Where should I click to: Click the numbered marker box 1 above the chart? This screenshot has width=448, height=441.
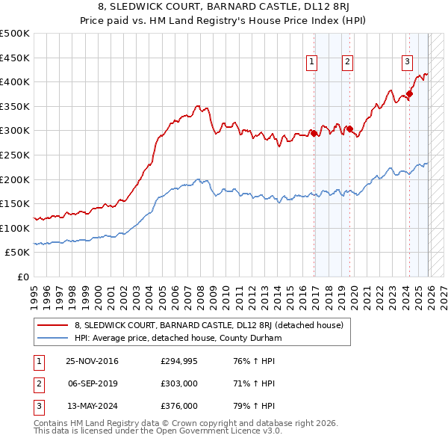pos(311,62)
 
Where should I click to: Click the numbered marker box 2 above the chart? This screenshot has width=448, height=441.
pos(348,62)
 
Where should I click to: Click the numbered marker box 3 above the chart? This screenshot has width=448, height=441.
pos(407,62)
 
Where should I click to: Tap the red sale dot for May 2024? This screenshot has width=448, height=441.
pos(408,94)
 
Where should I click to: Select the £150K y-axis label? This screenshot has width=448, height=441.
pos(15,204)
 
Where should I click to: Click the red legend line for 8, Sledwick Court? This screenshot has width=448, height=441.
pos(54,325)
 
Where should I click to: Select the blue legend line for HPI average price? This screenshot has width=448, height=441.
pos(54,338)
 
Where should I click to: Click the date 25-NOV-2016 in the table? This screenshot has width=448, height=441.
pos(92,361)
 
